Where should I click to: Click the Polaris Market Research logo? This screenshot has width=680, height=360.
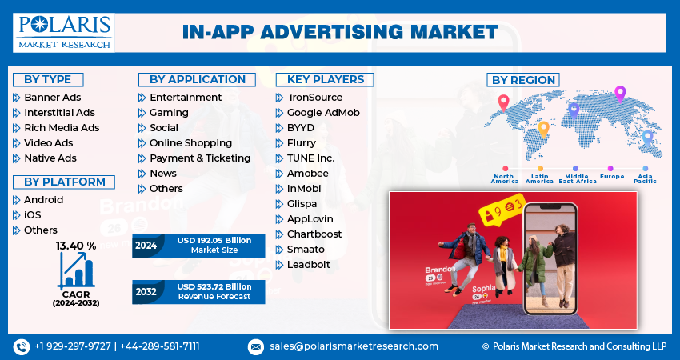tap(64, 32)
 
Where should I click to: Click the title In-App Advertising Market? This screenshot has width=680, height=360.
tap(339, 32)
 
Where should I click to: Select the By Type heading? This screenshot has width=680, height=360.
tap(48, 79)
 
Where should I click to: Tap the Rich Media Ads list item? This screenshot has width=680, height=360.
tap(62, 128)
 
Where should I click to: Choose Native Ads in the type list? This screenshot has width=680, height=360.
tap(50, 158)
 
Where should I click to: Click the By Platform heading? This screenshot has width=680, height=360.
tap(64, 182)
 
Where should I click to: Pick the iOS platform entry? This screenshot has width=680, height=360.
tap(33, 215)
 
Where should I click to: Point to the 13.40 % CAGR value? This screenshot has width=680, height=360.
tap(75, 246)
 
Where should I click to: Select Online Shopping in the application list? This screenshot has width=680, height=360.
tap(190, 143)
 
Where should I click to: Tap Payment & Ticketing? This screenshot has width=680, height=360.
tap(200, 158)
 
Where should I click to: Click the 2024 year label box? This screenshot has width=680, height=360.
tap(145, 246)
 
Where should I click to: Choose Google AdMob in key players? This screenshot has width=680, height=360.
tap(323, 113)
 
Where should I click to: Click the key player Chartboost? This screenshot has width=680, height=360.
tap(314, 234)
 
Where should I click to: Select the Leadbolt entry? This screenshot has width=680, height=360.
tap(309, 265)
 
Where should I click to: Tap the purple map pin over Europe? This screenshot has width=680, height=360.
tap(619, 94)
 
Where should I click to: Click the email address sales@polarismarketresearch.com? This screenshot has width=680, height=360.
tap(354, 346)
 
